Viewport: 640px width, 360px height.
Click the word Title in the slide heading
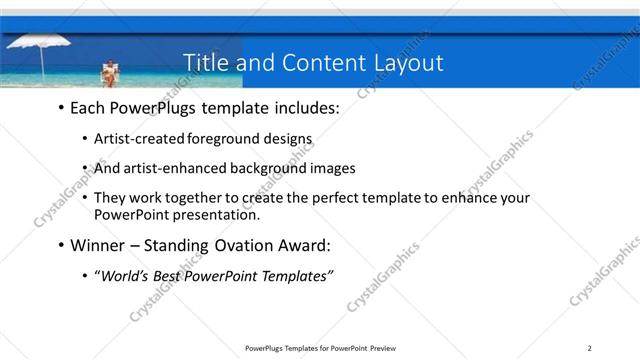[x=207, y=63]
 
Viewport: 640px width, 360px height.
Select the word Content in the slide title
[x=314, y=63]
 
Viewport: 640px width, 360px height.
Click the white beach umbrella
[x=38, y=46]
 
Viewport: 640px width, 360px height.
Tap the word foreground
[x=223, y=139]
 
